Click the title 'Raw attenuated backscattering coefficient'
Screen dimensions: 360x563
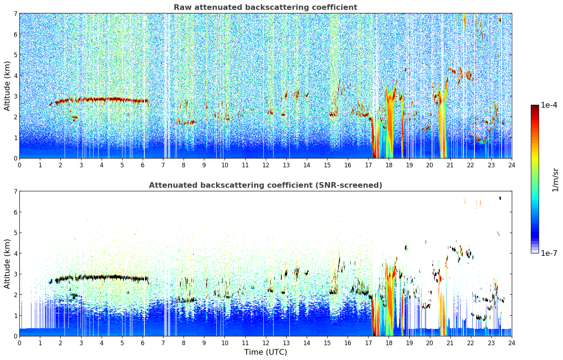point(265,7)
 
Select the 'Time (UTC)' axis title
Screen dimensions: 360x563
point(265,352)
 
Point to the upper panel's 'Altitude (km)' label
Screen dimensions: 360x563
point(7,86)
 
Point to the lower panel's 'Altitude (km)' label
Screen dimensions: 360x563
point(7,264)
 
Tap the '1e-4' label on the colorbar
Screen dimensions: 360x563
point(549,105)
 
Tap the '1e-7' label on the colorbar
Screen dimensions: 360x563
point(549,253)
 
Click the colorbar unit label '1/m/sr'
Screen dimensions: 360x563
point(555,180)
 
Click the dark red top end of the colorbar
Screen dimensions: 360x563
point(535,107)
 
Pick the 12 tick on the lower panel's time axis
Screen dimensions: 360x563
point(265,343)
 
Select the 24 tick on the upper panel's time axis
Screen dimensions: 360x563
point(511,165)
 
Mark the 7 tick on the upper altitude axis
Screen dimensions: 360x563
point(15,14)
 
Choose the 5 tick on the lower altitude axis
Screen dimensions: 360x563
point(15,233)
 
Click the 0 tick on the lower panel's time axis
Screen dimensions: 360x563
point(19,343)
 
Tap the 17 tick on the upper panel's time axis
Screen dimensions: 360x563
point(368,165)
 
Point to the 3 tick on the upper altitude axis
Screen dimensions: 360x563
point(15,96)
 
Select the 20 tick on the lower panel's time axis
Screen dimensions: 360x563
point(430,343)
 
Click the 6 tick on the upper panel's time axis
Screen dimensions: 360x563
point(143,165)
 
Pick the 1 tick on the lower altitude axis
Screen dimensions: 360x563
point(15,316)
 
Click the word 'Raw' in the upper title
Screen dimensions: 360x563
point(181,7)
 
